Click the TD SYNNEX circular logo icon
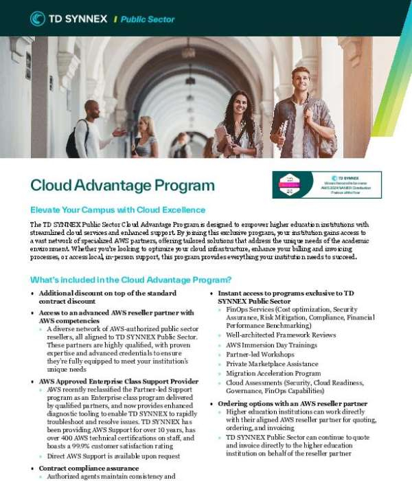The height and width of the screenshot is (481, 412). [38, 19]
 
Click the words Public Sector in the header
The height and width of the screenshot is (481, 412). [148, 19]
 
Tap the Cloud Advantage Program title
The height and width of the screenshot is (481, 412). [122, 185]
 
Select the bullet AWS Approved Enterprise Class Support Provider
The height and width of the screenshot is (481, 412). [119, 381]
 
